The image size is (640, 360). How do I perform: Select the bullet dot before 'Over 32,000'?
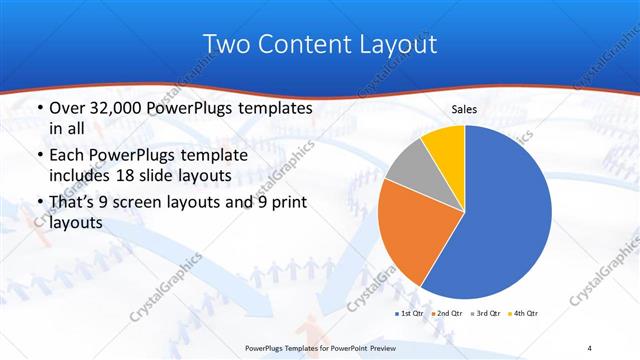click(x=38, y=108)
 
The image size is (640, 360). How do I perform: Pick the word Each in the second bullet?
click(x=68, y=155)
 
